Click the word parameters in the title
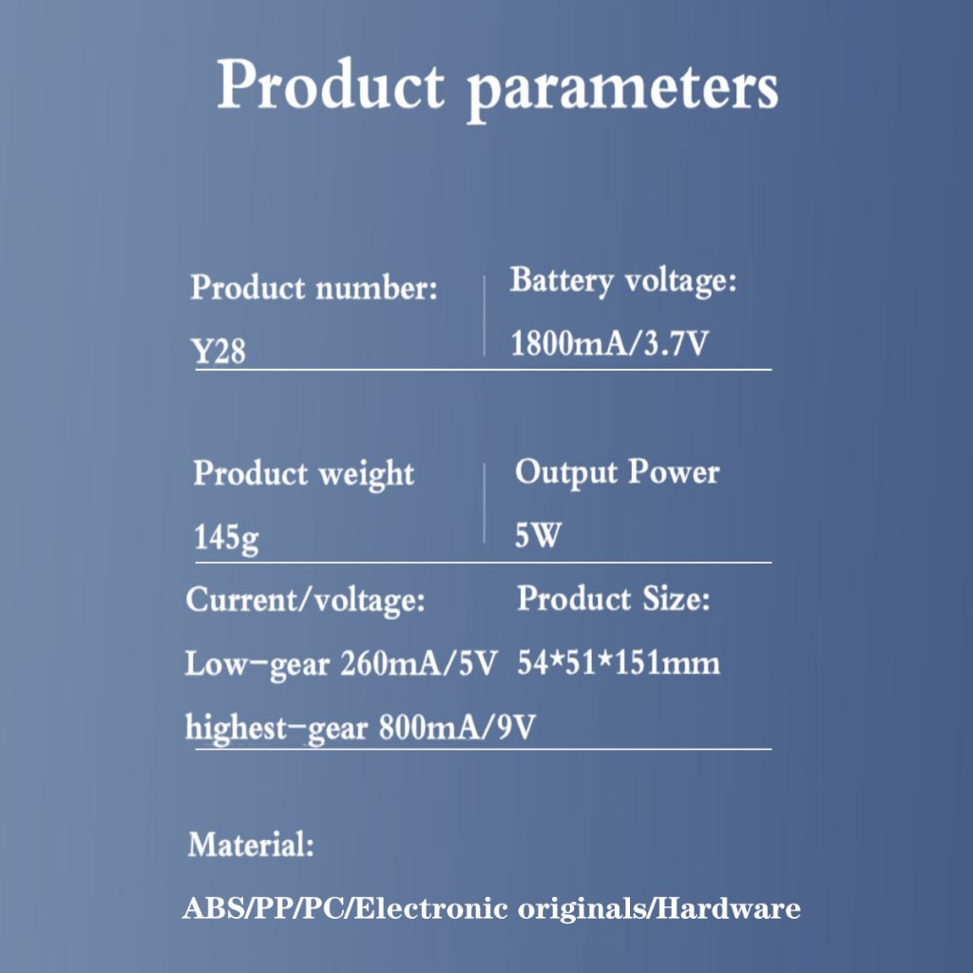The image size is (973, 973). point(622,89)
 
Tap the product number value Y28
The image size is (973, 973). point(219,351)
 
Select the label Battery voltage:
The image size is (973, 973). point(623,281)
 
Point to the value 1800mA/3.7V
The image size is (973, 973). point(609,343)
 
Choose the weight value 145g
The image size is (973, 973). point(226,538)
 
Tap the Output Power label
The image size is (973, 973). point(618,473)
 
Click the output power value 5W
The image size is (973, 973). point(538,535)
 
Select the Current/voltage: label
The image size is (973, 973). point(305,601)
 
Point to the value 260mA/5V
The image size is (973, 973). point(419,663)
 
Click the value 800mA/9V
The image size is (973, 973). point(457,727)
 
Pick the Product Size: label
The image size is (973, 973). point(614,599)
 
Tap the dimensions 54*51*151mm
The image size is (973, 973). point(619,662)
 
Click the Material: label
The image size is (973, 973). point(251,845)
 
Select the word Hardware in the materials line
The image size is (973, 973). point(728,908)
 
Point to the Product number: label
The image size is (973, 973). point(314,288)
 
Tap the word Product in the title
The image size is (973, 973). point(331,85)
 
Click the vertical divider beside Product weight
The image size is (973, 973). point(484,503)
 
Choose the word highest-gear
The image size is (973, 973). point(277,728)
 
